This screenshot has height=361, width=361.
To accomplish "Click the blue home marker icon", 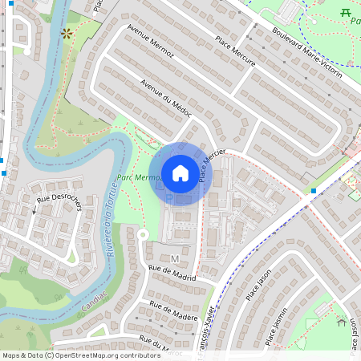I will [x=180, y=173].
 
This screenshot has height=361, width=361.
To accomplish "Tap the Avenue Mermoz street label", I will [x=150, y=48].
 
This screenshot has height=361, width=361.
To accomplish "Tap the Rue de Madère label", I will [x=173, y=310].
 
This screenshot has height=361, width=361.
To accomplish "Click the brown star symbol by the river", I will [x=67, y=33].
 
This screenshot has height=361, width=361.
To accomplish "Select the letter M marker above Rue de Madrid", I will [x=174, y=258].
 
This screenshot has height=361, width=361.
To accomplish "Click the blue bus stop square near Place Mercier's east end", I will [x=313, y=191].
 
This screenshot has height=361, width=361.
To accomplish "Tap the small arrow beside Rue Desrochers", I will [x=34, y=211].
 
